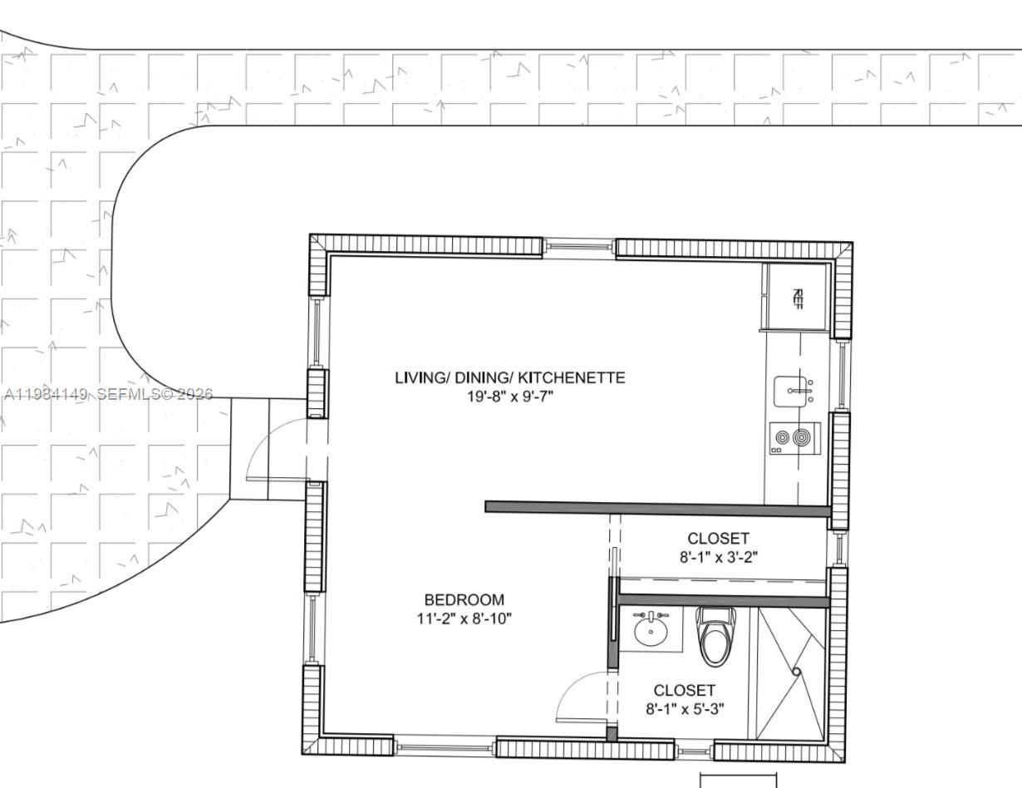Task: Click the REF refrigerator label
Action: (798, 297)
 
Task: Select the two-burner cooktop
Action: (794, 438)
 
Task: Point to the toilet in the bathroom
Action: (715, 635)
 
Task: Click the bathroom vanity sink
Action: (651, 629)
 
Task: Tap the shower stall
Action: (790, 673)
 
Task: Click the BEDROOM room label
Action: (464, 599)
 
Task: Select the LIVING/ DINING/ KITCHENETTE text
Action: (509, 377)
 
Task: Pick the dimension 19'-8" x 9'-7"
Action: (509, 396)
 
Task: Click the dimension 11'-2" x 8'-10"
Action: (464, 618)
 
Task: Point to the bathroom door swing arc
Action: (578, 694)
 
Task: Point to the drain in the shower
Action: (796, 672)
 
